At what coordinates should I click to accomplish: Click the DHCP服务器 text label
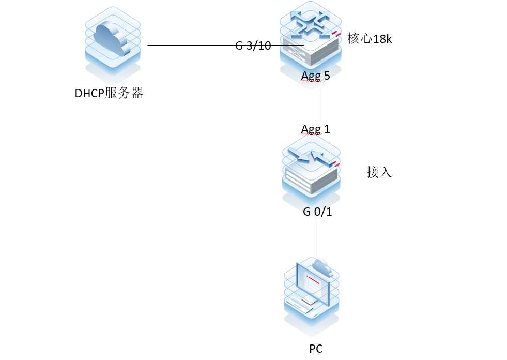click(x=109, y=94)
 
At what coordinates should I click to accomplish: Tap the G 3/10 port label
click(x=253, y=46)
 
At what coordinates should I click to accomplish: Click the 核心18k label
click(x=370, y=39)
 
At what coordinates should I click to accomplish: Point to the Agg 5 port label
click(x=315, y=76)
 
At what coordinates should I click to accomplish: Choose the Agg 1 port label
click(x=315, y=128)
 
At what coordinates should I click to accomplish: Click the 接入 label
click(x=379, y=172)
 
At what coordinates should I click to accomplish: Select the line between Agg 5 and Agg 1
click(x=320, y=103)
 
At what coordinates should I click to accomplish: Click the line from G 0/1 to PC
click(x=316, y=238)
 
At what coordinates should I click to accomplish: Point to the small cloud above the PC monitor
click(x=322, y=266)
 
